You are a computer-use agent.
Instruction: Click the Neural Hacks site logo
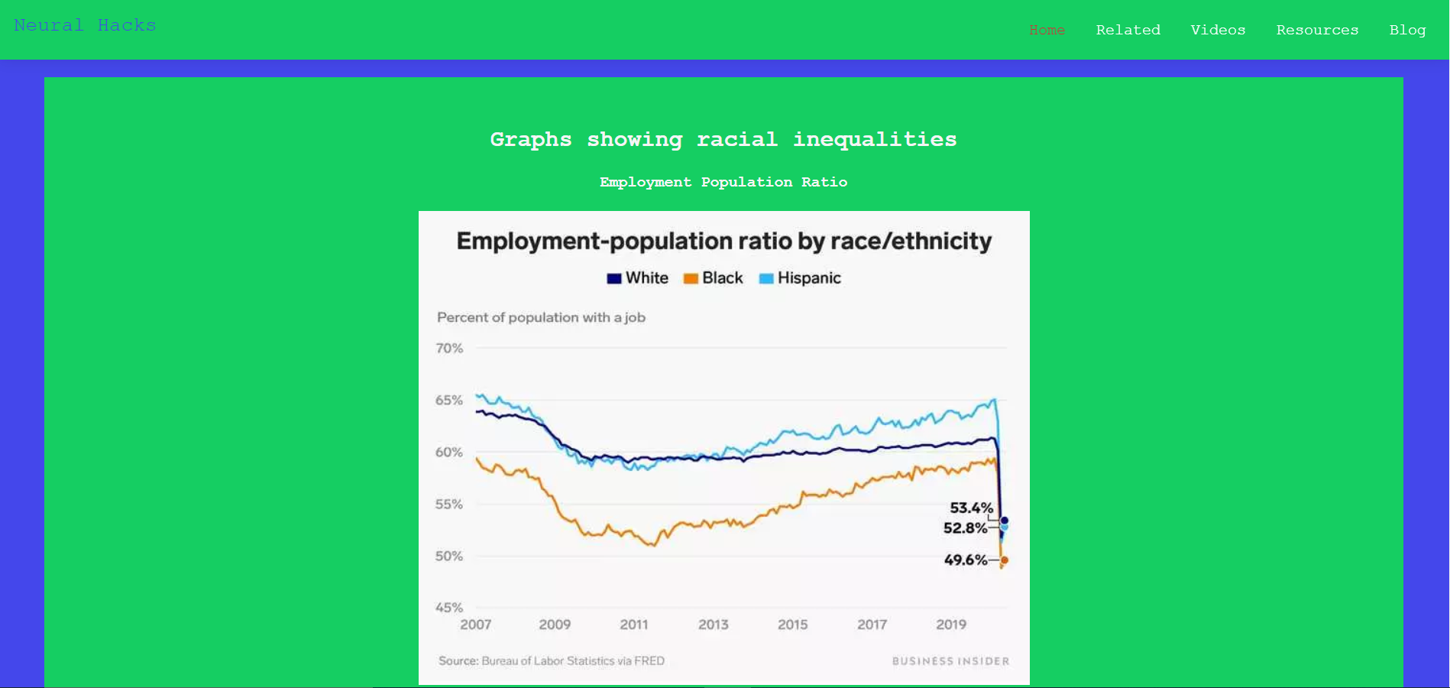point(85,25)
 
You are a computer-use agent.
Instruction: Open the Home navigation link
point(1047,30)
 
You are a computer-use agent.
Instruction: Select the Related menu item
point(1128,30)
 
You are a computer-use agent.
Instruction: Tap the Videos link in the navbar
point(1218,30)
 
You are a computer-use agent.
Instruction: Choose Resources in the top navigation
point(1317,30)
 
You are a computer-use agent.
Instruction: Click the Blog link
point(1407,30)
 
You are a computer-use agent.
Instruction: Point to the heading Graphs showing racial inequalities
point(723,139)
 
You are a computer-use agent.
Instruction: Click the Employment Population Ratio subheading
point(723,182)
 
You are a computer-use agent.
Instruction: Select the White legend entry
point(638,278)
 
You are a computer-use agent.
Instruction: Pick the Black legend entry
point(714,278)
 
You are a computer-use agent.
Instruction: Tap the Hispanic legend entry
point(800,278)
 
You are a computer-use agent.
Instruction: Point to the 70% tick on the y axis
point(449,349)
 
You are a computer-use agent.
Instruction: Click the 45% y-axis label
point(449,608)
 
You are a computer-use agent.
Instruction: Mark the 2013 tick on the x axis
point(713,625)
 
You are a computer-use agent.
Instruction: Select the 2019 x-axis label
point(951,625)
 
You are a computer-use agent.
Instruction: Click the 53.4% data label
point(971,508)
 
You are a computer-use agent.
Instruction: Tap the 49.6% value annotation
point(966,560)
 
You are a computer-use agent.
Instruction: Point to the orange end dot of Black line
point(1004,560)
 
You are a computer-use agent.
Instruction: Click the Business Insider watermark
point(950,661)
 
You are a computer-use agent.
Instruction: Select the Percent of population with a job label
point(541,317)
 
